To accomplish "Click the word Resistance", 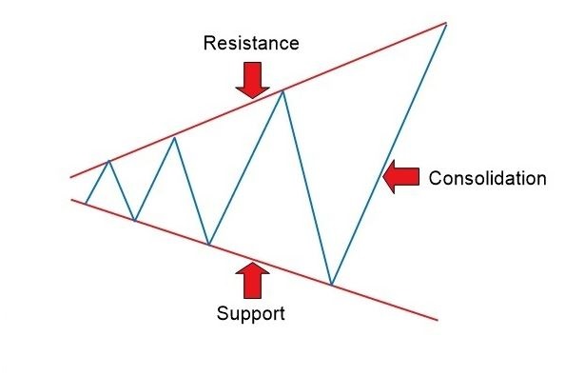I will (x=251, y=44).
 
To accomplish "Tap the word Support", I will (x=250, y=312).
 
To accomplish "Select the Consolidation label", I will (x=487, y=178).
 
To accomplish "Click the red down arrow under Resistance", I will (x=251, y=79).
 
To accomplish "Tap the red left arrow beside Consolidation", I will (x=400, y=177).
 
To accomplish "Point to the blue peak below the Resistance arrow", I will (x=282, y=90).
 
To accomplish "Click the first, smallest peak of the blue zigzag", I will (x=109, y=161).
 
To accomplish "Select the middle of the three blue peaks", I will (x=175, y=138).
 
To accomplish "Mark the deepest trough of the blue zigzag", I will (x=331, y=284).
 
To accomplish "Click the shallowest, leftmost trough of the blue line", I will (x=135, y=221).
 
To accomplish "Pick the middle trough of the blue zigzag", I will (x=208, y=245).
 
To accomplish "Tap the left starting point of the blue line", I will (x=86, y=203).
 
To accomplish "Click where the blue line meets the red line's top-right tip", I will (x=444, y=23).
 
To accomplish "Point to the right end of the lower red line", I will (x=438, y=320).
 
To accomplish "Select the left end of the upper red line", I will (x=70, y=177).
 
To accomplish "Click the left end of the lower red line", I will (x=71, y=199).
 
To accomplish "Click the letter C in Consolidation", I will (x=436, y=178).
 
